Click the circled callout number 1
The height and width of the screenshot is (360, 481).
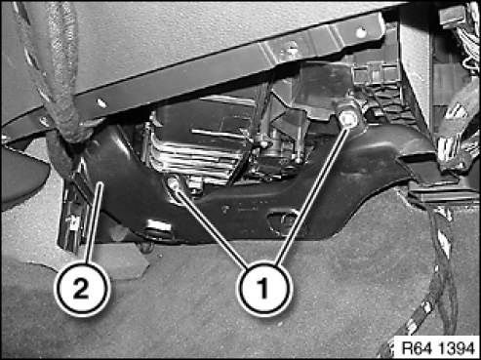tap(263, 289)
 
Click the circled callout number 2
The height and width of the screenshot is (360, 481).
tap(82, 289)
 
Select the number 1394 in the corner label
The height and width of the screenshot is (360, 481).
tap(457, 348)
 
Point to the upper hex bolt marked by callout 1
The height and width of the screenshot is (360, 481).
tap(348, 119)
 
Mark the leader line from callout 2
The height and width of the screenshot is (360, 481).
tap(95, 222)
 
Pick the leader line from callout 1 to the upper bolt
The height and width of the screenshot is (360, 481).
tap(311, 195)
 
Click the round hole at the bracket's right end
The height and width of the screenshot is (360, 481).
tap(360, 32)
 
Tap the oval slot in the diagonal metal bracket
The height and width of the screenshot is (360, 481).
tap(101, 103)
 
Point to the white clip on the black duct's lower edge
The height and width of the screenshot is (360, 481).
tap(158, 225)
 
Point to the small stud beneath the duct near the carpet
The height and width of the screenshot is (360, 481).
tap(146, 246)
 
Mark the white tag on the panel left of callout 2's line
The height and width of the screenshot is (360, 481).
tap(72, 221)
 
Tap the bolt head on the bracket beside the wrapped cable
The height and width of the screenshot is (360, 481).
tap(44, 121)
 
